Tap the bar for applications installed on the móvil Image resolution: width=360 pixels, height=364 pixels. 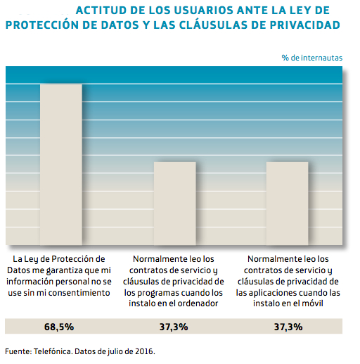point(287,203)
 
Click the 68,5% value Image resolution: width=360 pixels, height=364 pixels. point(60,327)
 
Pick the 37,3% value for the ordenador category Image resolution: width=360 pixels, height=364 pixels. point(174,327)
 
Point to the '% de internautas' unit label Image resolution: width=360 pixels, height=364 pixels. point(312,56)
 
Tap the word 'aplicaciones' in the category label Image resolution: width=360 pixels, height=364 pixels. point(271,291)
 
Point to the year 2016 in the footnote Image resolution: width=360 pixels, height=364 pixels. point(145,351)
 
